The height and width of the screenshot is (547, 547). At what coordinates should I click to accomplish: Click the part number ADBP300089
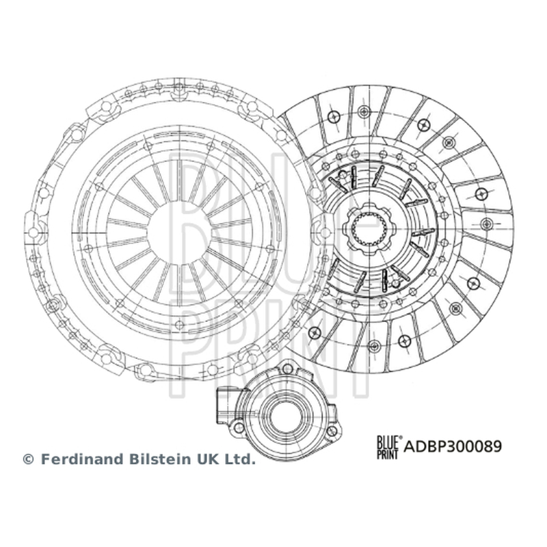click(x=453, y=446)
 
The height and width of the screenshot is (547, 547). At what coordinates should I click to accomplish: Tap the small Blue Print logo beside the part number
click(x=388, y=447)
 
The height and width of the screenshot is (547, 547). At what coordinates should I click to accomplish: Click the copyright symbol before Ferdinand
click(x=28, y=459)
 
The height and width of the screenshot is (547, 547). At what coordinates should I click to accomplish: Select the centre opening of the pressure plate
click(x=179, y=232)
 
